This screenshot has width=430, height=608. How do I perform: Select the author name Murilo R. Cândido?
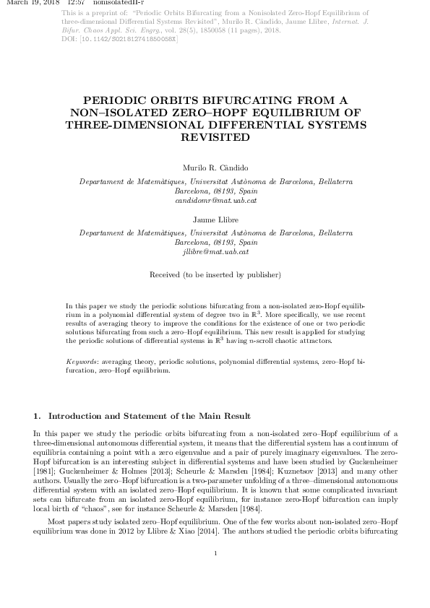point(215,167)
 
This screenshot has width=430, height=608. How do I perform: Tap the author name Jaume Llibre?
point(215,219)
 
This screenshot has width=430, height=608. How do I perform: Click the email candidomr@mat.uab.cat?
point(215,200)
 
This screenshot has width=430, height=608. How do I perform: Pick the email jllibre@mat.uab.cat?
point(215,252)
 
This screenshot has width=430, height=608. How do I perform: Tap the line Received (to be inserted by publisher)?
point(215,275)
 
